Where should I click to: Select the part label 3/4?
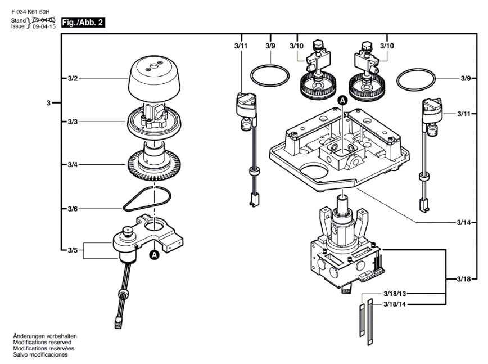73,164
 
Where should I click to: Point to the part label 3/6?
73,209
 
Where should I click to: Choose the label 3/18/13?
394,294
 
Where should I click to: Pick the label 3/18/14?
394,304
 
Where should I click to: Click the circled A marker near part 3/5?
154,254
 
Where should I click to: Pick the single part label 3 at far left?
49,103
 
